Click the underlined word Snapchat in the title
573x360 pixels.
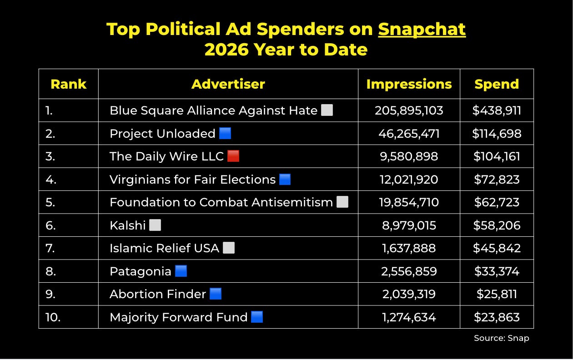tap(422, 30)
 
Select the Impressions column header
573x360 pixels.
tap(409, 84)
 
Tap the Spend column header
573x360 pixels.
tap(497, 84)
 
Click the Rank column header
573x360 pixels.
tap(69, 84)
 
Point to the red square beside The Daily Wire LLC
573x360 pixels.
tap(233, 156)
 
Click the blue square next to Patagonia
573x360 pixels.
tap(181, 271)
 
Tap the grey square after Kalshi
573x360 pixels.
tap(155, 225)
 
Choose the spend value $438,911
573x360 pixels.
tap(497, 110)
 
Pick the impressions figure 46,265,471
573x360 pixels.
tap(409, 134)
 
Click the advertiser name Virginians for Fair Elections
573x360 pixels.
tap(193, 179)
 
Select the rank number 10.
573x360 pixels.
tap(53, 317)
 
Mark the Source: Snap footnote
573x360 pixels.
tap(501, 338)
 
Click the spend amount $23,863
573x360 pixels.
tap(497, 317)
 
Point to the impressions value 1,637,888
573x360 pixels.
tap(409, 248)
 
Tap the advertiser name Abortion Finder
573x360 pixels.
tap(158, 294)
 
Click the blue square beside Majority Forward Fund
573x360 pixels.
tap(257, 317)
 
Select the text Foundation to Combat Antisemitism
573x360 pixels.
tap(221, 202)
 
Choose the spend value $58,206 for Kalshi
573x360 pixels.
tap(497, 225)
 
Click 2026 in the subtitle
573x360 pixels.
tap(226, 50)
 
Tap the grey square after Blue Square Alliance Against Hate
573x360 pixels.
tap(327, 110)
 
